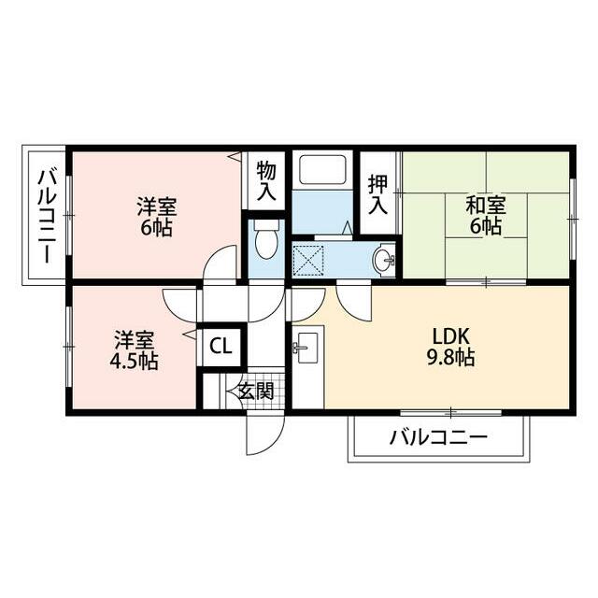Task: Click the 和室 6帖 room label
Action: pos(486,215)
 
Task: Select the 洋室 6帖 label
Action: pos(156,217)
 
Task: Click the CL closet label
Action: pos(221,346)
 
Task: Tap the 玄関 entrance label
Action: pos(254,391)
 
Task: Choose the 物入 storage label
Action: pos(266,181)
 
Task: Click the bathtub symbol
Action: pos(320,170)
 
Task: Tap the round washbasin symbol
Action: pos(383,259)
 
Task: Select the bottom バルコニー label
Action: pos(438,436)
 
